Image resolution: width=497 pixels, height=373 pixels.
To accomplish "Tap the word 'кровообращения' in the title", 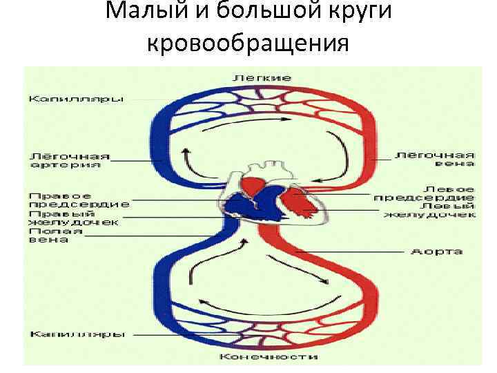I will point(248,44).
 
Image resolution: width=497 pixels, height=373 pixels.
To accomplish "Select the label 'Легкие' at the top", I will point(262,77).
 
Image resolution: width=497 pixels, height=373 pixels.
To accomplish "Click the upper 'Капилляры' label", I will point(76,99).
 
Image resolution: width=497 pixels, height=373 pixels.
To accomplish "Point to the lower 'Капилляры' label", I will point(77,335).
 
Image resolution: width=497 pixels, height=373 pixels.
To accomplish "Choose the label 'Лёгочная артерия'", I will point(69,160).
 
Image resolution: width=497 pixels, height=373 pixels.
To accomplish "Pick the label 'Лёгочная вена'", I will point(435,160).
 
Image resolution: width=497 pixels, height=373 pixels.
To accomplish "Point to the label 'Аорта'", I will point(436,251).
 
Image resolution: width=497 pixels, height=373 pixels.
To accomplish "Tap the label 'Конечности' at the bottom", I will point(269,357).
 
